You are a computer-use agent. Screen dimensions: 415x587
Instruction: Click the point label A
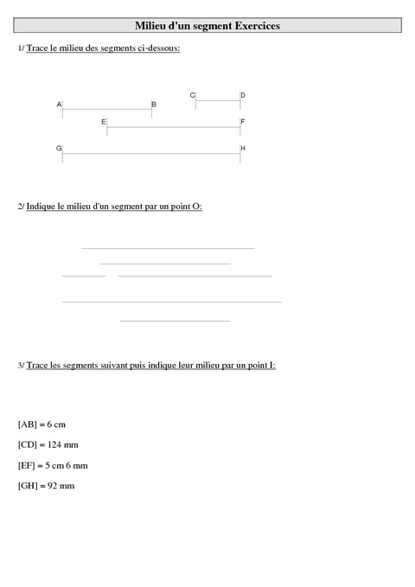click(60, 105)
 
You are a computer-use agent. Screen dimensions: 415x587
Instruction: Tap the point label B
click(154, 105)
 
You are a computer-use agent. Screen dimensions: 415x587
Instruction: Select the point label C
click(192, 95)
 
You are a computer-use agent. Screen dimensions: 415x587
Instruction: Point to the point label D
click(243, 95)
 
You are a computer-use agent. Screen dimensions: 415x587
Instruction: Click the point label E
click(103, 123)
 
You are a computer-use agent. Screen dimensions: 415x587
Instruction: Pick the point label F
click(243, 123)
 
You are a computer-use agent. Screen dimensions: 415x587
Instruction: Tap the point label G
click(59, 149)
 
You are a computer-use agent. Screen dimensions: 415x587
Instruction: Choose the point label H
click(243, 149)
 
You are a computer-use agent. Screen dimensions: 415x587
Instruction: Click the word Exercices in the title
click(252, 27)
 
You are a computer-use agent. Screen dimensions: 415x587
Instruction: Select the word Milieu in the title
click(156, 27)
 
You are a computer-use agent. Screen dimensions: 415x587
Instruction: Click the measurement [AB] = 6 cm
click(41, 424)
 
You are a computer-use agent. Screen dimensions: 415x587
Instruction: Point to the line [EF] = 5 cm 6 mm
click(52, 465)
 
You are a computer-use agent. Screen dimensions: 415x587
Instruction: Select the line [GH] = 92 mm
click(46, 486)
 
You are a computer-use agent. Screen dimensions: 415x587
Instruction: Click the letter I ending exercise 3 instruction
click(272, 366)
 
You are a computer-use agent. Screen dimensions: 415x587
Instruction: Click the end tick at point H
click(240, 154)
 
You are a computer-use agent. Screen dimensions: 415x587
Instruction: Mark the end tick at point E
click(107, 129)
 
